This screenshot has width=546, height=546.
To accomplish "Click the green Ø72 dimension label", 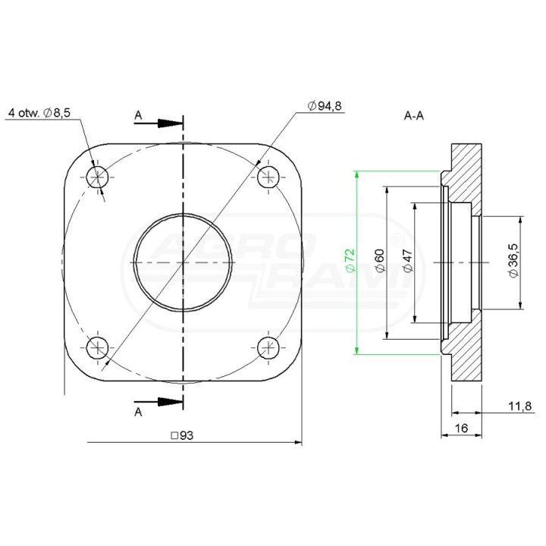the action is tap(350, 260).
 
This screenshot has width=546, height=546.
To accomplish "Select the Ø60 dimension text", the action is tap(380, 260).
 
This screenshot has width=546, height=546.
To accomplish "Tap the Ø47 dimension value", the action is tap(408, 260).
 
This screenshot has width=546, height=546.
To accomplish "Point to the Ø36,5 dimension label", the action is tap(513, 260).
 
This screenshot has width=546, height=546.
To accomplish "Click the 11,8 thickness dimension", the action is tap(520, 406).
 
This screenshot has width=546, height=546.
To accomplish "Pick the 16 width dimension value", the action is tap(461, 428).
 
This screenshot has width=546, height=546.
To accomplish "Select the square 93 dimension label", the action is tap(182, 435).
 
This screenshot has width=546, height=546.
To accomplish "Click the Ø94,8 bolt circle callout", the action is tap(325, 105).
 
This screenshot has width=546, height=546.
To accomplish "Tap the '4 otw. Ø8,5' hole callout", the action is tap(39, 113).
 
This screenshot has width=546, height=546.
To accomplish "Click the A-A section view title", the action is tap(414, 115).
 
